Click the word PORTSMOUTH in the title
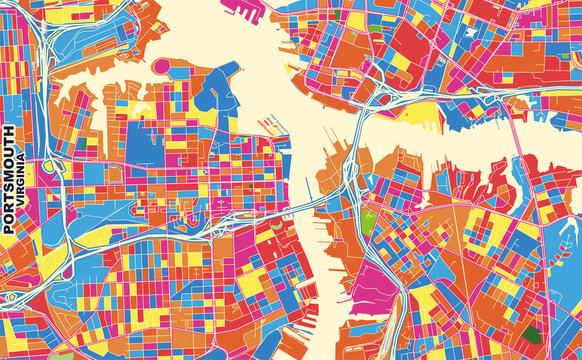9,180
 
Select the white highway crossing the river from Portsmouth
300,205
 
